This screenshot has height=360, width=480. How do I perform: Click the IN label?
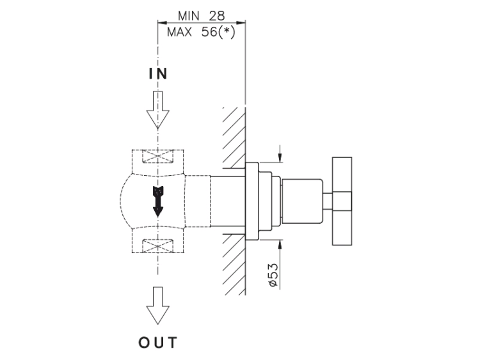click(158, 74)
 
